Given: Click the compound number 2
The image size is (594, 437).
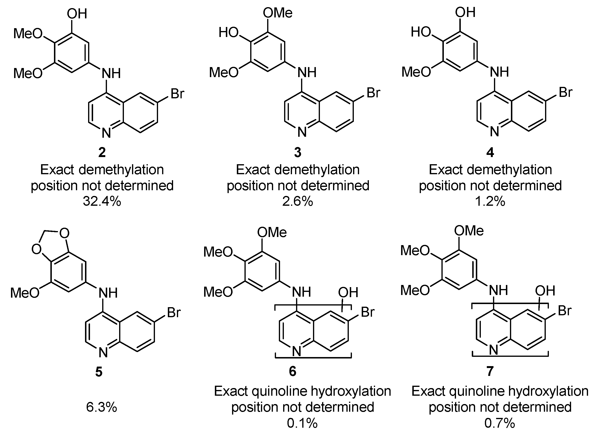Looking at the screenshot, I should [102, 152].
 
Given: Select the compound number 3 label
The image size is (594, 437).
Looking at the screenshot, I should [298, 152].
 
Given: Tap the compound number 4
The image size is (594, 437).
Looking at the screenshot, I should [490, 152].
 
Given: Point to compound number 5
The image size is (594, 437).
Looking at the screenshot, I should [99, 372].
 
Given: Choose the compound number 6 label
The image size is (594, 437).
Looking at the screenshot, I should [292, 371].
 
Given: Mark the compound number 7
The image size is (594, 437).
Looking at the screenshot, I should [490, 371].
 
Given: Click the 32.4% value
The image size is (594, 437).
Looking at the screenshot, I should [102, 201].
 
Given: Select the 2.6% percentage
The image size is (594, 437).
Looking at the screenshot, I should [298, 201].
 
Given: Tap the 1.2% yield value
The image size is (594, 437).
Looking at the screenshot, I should [490, 201].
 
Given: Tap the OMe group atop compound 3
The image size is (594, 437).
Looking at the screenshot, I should [278, 13].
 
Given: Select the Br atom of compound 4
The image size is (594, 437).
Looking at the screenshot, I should [565, 92].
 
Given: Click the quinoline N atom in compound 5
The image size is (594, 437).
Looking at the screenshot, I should [103, 353].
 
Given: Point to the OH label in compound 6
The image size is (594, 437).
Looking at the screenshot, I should [348, 292].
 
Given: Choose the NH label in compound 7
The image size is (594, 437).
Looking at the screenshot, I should [498, 290].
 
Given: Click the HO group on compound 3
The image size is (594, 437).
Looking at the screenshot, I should [228, 32].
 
